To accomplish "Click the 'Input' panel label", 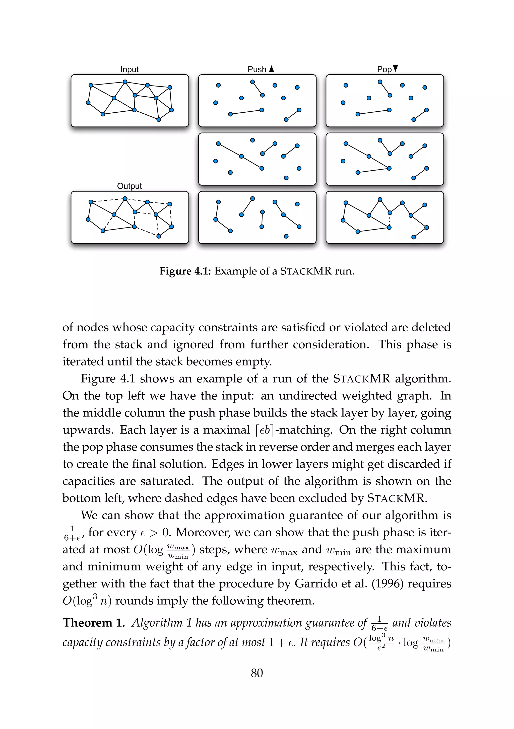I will coord(129,69).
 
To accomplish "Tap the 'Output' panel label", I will coord(129,186).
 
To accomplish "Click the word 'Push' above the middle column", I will coord(257,69).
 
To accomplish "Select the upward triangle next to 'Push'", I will coord(271,69).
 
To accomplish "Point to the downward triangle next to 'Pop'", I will coord(395,68).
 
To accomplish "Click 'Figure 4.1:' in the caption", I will coord(185,271).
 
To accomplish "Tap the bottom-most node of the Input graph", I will coord(159,119).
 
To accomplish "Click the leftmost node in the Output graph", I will coord(88,220).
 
